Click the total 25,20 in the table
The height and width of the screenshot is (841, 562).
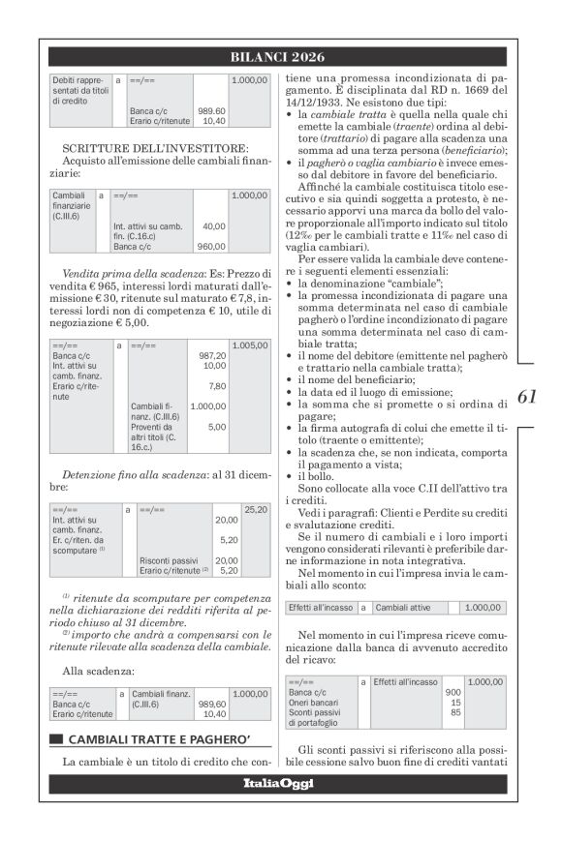pyautogui.click(x=255, y=509)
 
